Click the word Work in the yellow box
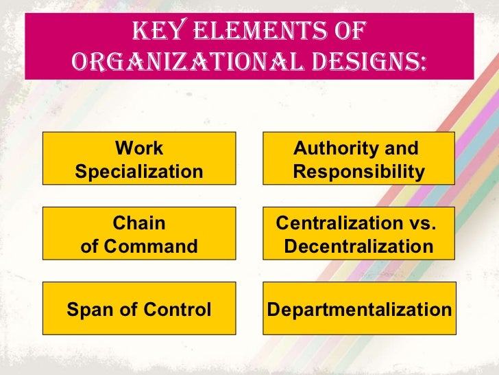(139, 148)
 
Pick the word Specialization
(139, 171)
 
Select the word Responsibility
(358, 171)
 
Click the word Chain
(139, 223)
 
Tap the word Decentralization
(358, 245)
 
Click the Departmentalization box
(358, 310)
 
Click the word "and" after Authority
(401, 148)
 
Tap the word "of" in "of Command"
(91, 245)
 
